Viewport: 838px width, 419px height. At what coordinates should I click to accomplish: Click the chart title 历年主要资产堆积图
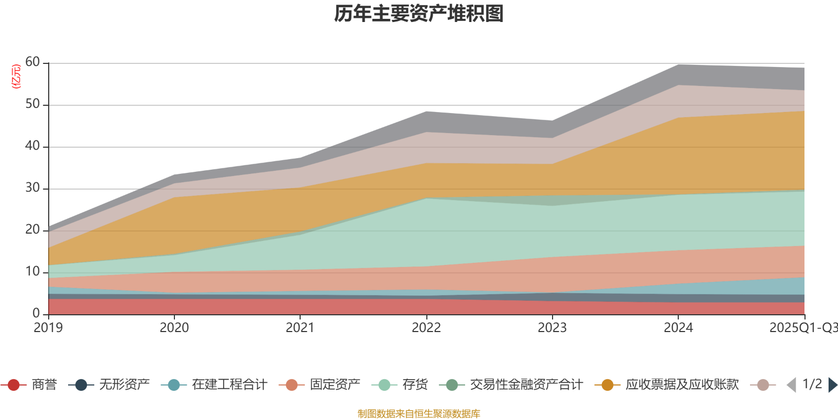click(x=419, y=14)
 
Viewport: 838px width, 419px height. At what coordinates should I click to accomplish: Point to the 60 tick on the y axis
click(x=32, y=62)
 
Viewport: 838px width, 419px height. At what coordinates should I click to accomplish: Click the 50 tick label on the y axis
click(x=32, y=104)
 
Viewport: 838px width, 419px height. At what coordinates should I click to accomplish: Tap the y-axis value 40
click(x=32, y=146)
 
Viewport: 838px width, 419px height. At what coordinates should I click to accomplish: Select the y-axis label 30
click(x=32, y=188)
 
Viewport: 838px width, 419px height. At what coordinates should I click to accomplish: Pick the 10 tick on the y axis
click(x=32, y=272)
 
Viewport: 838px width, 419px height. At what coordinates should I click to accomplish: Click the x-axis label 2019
click(x=48, y=328)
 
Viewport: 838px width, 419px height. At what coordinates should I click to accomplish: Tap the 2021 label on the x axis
click(x=300, y=328)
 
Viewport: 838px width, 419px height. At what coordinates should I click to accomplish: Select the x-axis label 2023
click(x=552, y=328)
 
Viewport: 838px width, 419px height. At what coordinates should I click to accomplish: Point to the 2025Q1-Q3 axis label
click(x=803, y=328)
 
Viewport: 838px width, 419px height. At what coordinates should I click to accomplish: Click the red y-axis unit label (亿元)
click(x=16, y=76)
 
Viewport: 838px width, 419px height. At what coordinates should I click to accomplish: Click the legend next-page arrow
click(x=832, y=385)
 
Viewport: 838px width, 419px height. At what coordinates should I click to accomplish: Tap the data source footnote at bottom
click(x=419, y=414)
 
